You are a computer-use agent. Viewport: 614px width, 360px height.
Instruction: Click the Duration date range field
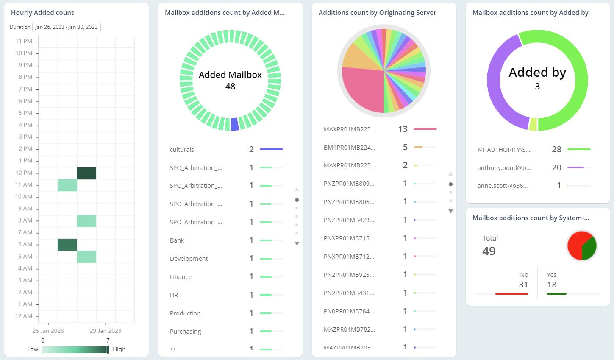(x=67, y=27)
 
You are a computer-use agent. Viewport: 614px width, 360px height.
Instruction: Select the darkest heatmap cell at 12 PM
(x=86, y=173)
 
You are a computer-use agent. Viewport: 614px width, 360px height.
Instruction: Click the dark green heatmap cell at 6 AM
(x=67, y=245)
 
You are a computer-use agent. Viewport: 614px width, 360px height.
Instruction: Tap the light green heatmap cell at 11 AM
(x=67, y=185)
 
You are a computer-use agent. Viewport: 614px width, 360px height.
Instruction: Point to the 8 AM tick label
(x=25, y=220)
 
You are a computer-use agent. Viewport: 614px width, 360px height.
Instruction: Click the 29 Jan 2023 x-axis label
(x=106, y=331)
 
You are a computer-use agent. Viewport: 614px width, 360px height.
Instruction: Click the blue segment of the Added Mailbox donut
(x=235, y=124)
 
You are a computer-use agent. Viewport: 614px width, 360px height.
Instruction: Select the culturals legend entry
(x=182, y=150)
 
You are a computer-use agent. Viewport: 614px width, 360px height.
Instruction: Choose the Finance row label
(x=181, y=277)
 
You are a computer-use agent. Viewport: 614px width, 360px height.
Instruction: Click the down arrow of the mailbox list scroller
(x=297, y=244)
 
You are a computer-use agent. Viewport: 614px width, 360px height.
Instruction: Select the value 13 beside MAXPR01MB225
(x=403, y=129)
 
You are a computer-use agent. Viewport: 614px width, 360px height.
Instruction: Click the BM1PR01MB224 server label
(x=349, y=148)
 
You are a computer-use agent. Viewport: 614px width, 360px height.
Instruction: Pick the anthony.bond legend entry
(x=504, y=168)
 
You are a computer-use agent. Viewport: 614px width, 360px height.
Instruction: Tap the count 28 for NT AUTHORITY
(x=556, y=149)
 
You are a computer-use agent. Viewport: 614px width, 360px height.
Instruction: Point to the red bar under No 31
(x=511, y=293)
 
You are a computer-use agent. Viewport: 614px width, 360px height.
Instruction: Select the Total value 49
(x=489, y=251)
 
